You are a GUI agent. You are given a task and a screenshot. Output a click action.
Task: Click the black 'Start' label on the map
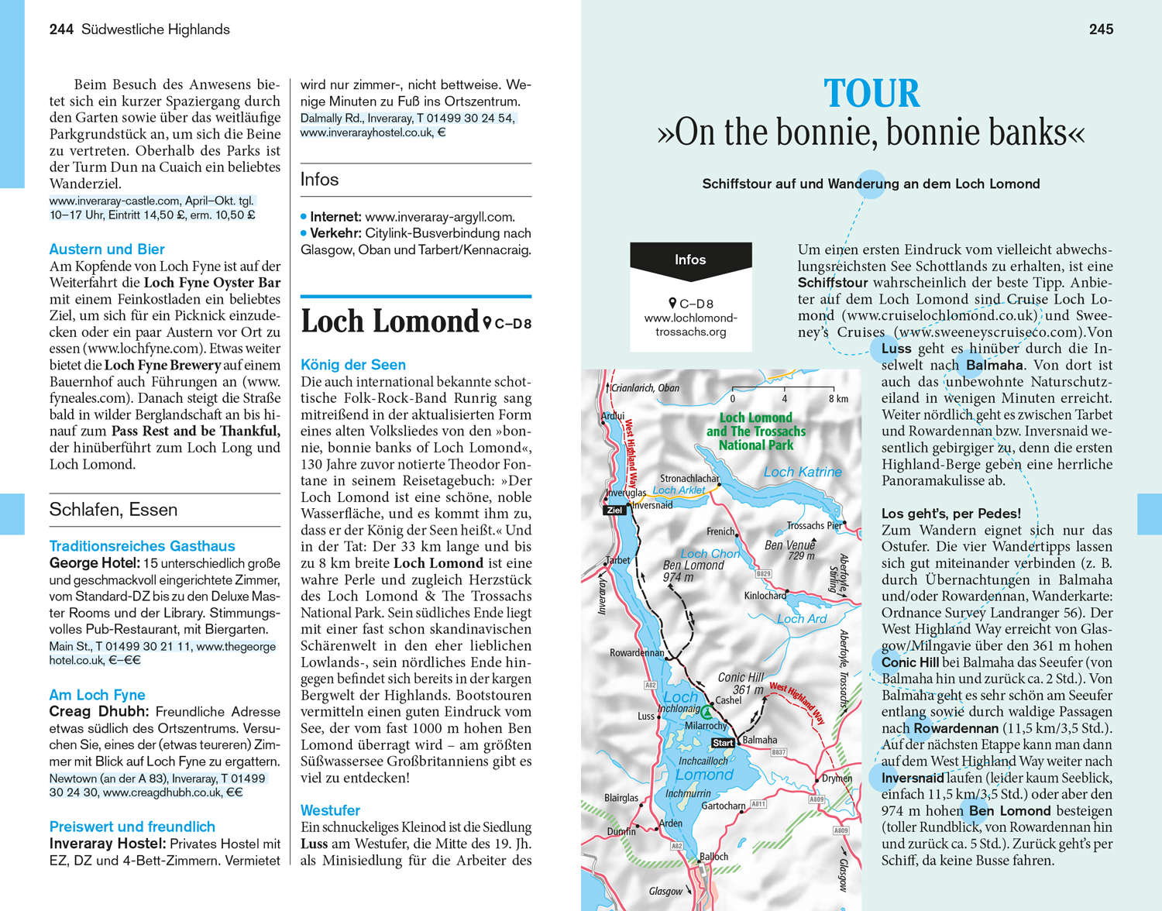(723, 742)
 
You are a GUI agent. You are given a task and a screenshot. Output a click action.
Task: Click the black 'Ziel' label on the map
(615, 510)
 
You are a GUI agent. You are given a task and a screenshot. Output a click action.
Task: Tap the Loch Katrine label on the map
(802, 472)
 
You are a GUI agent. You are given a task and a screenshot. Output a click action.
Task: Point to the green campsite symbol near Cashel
(706, 710)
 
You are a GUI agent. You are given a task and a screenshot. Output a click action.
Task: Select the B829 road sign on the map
(763, 574)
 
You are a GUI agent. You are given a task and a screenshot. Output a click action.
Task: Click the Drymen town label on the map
(837, 779)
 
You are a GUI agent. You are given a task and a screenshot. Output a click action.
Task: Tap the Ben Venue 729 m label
(789, 550)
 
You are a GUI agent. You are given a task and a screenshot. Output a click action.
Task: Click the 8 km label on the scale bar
(838, 399)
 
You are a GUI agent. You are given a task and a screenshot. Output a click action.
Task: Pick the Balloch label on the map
(713, 856)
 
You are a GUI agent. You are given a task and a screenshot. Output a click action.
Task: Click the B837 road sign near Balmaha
(779, 752)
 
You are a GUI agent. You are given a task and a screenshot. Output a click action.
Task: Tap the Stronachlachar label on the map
(689, 479)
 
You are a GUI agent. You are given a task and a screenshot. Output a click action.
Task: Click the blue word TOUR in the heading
(871, 94)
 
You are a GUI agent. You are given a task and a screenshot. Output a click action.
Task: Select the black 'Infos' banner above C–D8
(690, 260)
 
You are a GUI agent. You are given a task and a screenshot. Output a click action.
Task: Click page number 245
(1101, 29)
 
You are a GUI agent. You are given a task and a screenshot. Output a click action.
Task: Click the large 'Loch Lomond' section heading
(390, 321)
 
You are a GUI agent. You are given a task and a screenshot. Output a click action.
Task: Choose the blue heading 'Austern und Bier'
(107, 249)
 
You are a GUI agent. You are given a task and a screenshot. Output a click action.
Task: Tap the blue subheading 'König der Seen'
(352, 365)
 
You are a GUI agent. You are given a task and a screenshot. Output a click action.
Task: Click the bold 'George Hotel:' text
(95, 563)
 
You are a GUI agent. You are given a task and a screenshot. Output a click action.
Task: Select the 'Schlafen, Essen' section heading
(113, 510)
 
